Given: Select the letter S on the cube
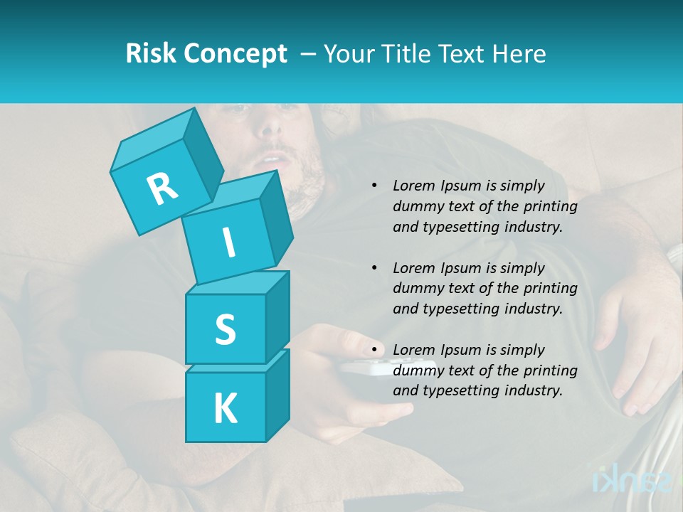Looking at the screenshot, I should coord(225,330).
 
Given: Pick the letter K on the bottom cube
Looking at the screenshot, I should coord(225,409).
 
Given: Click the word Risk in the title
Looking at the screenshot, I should coord(152,53).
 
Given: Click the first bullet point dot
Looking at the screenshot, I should coord(374,186).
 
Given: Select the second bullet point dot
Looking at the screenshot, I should coord(374,269).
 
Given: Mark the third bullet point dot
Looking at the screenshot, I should coord(374,351).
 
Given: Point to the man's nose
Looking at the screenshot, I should coord(270,129).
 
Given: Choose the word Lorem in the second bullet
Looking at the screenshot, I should coord(412,268).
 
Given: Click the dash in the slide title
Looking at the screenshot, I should coord(309,53).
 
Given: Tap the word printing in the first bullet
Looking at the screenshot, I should coord(550,207).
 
